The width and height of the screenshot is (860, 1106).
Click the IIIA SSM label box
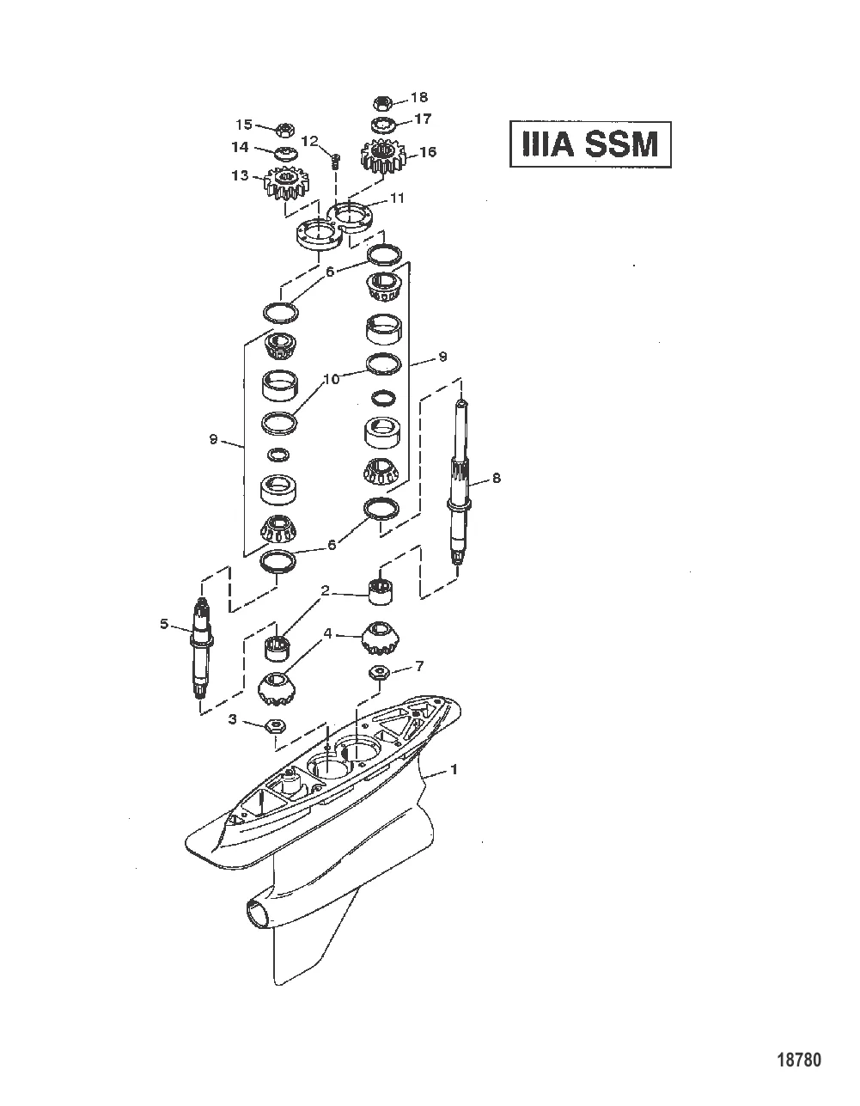(589, 144)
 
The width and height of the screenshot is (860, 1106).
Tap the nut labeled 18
(384, 103)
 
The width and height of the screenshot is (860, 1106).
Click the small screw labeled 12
(335, 158)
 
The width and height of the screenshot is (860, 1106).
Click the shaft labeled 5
(204, 649)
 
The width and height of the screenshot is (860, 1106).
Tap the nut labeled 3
(276, 724)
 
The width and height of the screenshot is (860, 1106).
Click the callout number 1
(454, 769)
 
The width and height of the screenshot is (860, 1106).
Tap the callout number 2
(326, 590)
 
